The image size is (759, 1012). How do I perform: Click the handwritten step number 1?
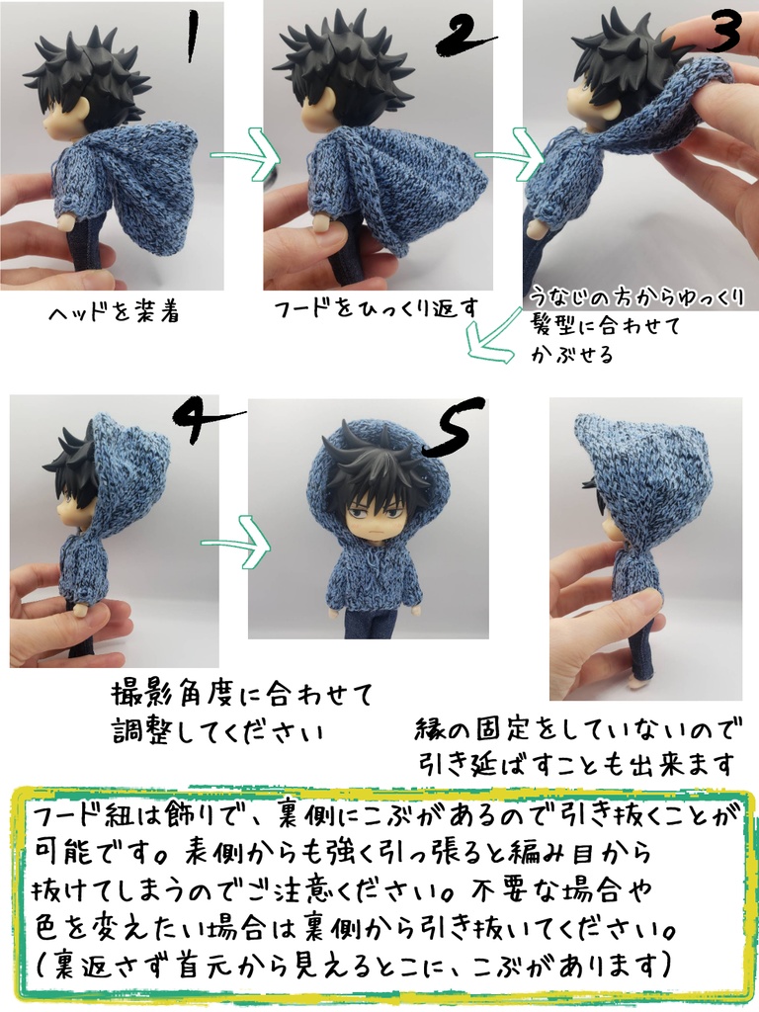pos(190,37)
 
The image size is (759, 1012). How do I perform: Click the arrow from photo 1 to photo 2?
pos(239,158)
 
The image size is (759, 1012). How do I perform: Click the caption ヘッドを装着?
pos(115,313)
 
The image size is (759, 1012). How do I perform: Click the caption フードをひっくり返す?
pos(377,308)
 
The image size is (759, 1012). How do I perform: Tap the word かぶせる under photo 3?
pos(571,355)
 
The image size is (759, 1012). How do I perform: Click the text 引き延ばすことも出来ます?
pos(577,764)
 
